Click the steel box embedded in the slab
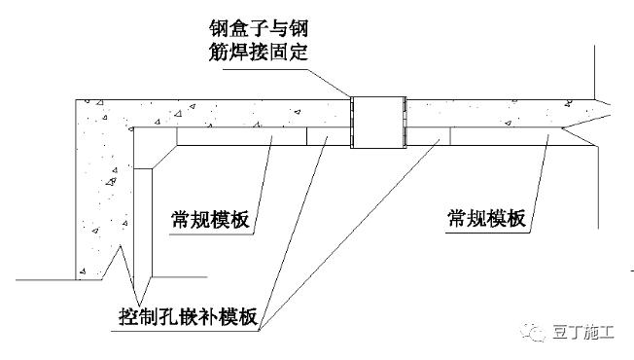[x=377, y=122]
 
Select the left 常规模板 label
[x=208, y=220]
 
